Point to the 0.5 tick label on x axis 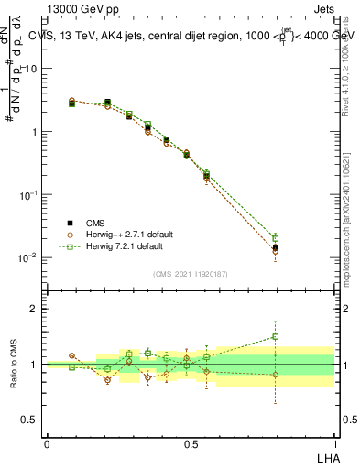[x=191, y=442]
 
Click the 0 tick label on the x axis [x=47, y=442]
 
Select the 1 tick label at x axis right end [x=334, y=442]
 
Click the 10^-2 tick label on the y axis [x=28, y=257]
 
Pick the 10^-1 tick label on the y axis [x=28, y=194]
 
